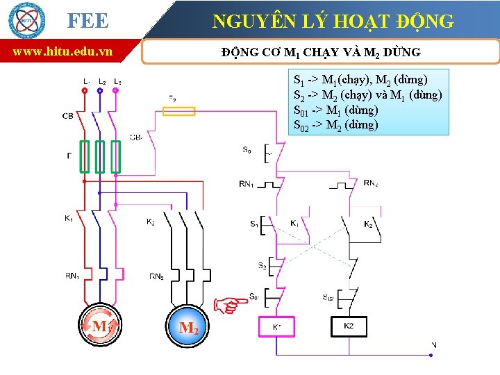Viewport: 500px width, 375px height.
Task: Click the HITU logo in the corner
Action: pos(26,20)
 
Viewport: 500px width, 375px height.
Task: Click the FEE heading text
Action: pos(88,21)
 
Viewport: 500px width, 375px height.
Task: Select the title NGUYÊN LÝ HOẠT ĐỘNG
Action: pos(333,21)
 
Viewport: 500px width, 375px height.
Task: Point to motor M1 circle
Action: pos(100,325)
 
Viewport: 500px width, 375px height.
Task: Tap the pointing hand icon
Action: pos(230,304)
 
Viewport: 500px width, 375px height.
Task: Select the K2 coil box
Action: pos(349,326)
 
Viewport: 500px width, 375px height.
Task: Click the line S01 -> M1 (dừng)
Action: pos(336,110)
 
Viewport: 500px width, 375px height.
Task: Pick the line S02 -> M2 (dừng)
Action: pos(336,125)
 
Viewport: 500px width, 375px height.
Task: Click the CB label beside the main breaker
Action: pos(67,116)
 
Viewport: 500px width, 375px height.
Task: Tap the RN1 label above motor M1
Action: pos(72,276)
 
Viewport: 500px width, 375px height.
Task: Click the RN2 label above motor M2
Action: pos(157,276)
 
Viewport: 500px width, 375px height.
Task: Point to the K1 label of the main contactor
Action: pos(69,219)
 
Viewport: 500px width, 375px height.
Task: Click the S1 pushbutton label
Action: pos(254,224)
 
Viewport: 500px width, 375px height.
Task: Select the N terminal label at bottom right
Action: pos(434,344)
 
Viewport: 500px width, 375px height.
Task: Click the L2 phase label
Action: pos(102,81)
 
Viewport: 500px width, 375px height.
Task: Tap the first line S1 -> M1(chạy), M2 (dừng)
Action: pos(361,80)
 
